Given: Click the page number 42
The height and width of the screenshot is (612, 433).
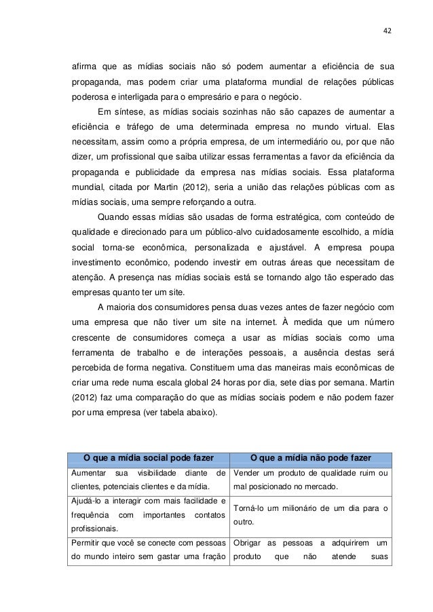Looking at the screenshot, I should tap(388, 30).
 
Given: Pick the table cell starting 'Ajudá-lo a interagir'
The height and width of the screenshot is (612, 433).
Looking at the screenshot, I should tap(149, 515).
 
